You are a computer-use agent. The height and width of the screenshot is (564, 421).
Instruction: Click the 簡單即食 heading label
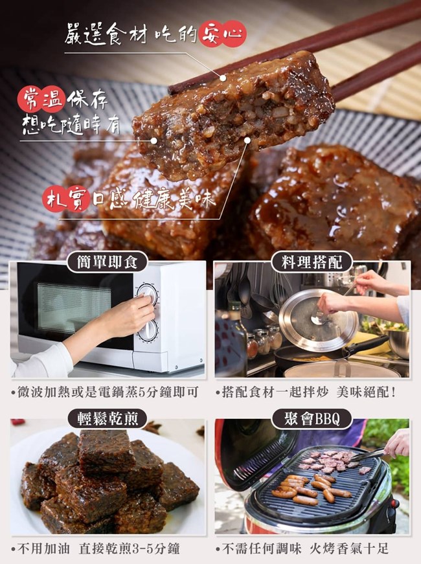[x=107, y=262]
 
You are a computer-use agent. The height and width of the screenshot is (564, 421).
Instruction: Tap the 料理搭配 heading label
[x=312, y=262]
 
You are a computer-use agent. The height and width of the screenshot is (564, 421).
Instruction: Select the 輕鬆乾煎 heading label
[x=108, y=419]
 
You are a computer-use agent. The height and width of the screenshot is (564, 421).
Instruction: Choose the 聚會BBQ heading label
[x=312, y=419]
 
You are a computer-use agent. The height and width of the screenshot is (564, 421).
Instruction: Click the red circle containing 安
[x=210, y=34]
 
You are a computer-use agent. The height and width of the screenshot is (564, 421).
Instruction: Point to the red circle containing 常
[x=30, y=99]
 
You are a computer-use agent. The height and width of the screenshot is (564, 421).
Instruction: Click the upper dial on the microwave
[x=148, y=295]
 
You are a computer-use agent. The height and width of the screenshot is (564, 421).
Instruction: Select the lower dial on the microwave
[x=148, y=330]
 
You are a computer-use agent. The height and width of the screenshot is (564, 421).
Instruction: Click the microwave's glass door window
[x=74, y=307]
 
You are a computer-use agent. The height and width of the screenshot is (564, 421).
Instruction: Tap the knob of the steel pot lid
[x=319, y=319]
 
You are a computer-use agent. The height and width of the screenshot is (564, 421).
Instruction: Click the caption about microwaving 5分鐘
[x=105, y=392]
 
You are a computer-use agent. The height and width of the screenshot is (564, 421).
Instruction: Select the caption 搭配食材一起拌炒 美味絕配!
[x=306, y=392]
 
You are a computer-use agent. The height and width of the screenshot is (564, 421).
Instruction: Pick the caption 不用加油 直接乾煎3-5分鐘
[x=95, y=549]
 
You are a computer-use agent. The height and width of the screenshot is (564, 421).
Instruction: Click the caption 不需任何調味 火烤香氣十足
[x=302, y=549]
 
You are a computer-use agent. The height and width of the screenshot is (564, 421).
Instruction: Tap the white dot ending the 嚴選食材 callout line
[x=223, y=78]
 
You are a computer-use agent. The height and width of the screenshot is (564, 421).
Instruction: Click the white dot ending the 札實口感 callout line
[x=247, y=141]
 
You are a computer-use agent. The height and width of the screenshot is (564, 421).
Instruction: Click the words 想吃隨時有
[x=71, y=124]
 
